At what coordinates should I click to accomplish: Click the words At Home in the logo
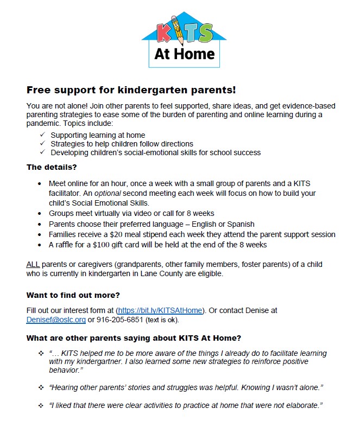184,54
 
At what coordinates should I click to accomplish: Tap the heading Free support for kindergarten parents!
131,90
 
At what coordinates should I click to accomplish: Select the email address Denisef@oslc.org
56,320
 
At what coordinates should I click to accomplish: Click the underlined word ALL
34,264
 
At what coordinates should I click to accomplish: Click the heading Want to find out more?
73,295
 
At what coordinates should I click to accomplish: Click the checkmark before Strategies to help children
43,144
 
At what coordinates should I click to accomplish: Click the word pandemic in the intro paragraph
41,123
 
